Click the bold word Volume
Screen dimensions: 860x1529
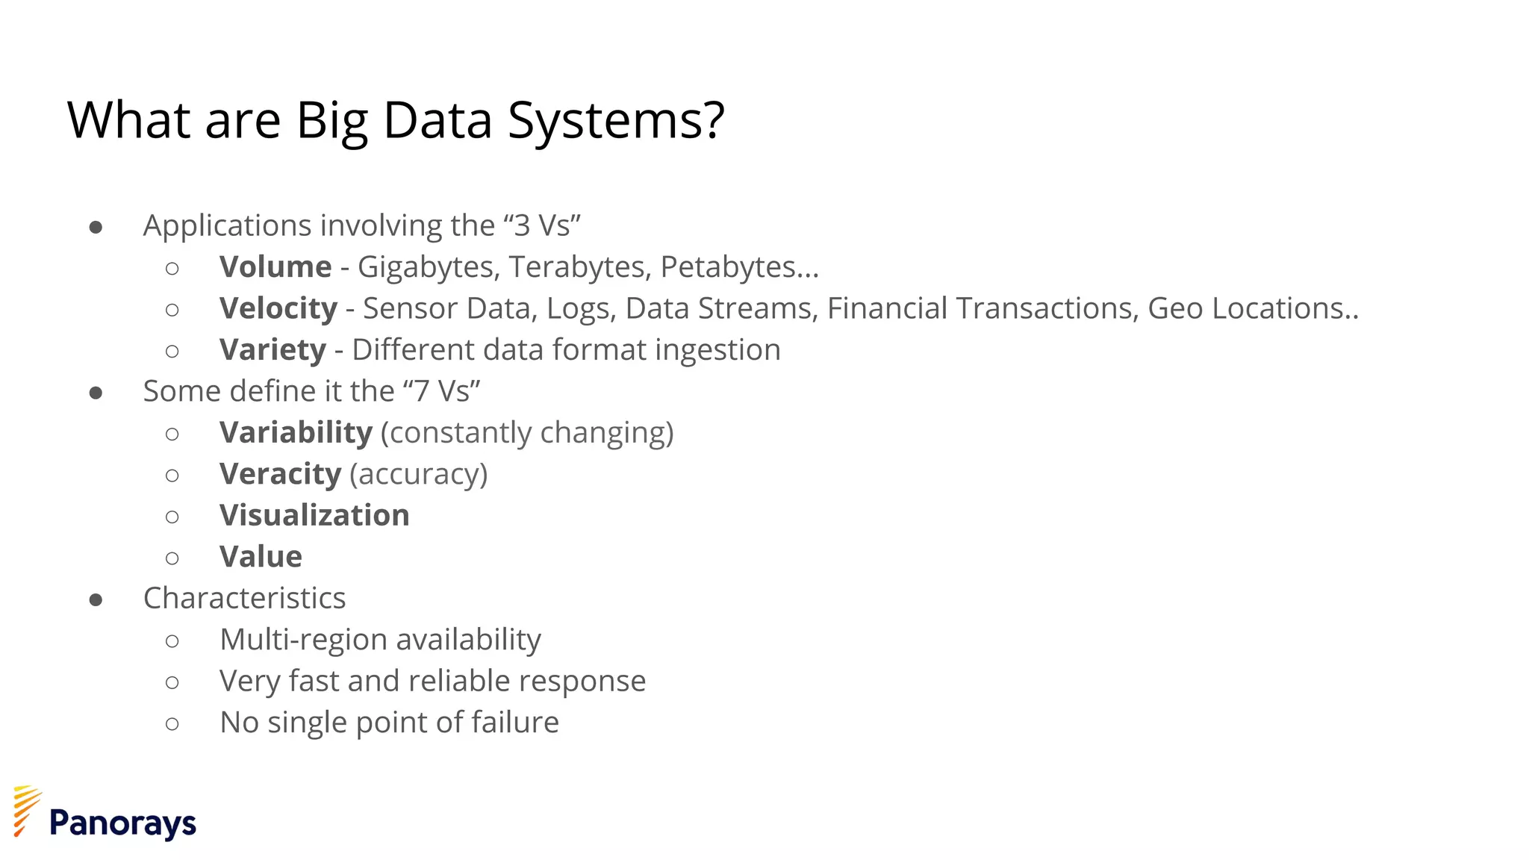click(275, 267)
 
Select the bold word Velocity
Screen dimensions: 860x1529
click(278, 309)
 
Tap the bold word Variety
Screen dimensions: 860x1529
click(273, 350)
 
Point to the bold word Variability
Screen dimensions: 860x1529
click(296, 433)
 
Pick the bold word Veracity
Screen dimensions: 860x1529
click(280, 475)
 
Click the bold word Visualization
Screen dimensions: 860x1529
click(314, 516)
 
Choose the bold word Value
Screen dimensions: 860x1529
click(261, 557)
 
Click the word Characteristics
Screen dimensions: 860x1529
click(244, 598)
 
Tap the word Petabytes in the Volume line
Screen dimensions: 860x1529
click(728, 267)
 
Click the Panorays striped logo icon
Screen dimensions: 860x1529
click(27, 811)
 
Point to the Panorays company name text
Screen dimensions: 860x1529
click(122, 824)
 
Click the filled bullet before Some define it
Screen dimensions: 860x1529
click(96, 393)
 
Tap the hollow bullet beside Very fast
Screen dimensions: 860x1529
click(172, 682)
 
